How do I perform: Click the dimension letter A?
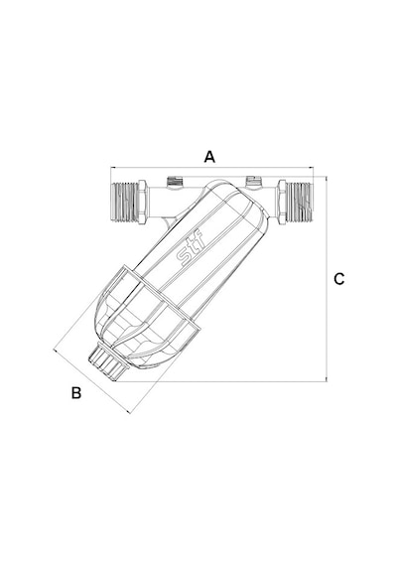pyautogui.click(x=209, y=157)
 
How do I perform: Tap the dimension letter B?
pyautogui.click(x=76, y=393)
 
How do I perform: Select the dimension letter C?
pyautogui.click(x=338, y=279)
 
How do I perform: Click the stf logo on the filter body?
pyautogui.click(x=191, y=249)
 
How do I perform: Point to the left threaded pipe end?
pyautogui.click(x=125, y=202)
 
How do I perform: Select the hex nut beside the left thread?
pyautogui.click(x=143, y=203)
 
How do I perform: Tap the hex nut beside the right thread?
pyautogui.click(x=282, y=203)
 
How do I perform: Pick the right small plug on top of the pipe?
pyautogui.click(x=253, y=182)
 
